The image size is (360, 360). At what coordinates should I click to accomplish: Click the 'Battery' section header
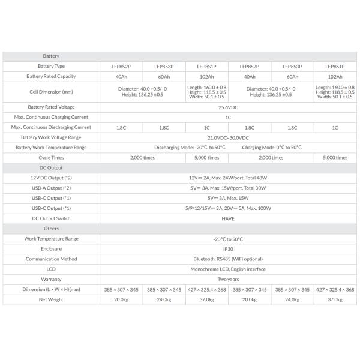51,56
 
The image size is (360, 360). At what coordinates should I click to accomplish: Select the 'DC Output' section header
51,167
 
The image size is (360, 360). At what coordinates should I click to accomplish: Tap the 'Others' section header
51,229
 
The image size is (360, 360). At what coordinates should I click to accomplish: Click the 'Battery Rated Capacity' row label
51,76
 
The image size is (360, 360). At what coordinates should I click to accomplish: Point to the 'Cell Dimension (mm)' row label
51,92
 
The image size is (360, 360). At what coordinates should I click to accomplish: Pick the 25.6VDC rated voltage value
228,107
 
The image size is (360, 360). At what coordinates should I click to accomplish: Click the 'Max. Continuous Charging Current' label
51,117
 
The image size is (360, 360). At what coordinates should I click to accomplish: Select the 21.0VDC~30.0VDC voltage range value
228,137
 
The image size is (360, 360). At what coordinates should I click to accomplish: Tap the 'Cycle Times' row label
51,157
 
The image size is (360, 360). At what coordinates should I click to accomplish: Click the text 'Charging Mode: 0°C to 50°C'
271,147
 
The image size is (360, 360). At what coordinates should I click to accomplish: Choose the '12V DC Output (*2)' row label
51,178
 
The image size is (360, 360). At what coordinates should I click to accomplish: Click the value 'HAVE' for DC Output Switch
228,218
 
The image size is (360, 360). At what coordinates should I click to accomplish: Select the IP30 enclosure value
228,249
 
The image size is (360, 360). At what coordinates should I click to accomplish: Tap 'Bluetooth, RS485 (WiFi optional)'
228,259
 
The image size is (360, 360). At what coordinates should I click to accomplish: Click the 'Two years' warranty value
228,280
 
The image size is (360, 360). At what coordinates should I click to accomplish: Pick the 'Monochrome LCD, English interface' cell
228,269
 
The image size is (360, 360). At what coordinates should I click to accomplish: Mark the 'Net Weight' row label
51,300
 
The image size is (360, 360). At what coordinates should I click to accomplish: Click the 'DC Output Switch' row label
51,218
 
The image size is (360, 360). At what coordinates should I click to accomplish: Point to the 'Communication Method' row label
51,259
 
